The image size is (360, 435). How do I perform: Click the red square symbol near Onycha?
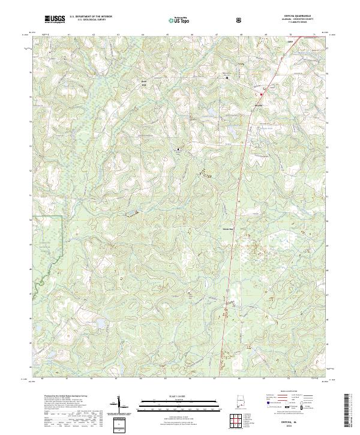tap(262, 94)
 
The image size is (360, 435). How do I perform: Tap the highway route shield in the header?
tap(240, 20)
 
